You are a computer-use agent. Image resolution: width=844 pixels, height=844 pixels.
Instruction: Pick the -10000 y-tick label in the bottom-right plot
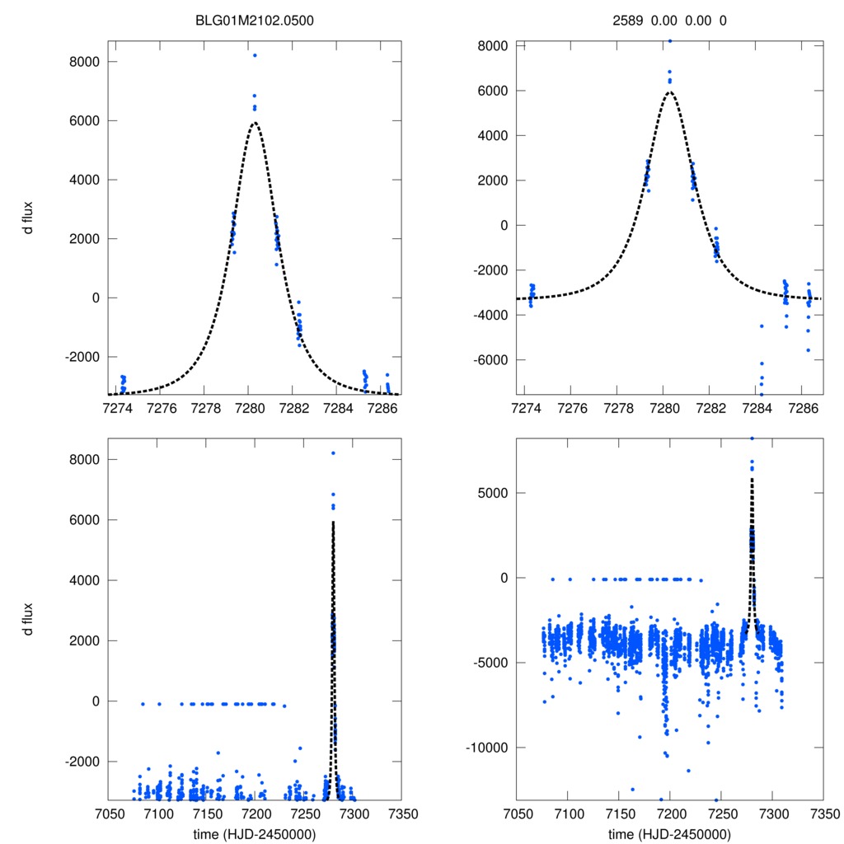tap(485, 748)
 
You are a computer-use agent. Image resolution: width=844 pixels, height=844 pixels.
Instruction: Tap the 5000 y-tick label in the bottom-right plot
tap(492, 493)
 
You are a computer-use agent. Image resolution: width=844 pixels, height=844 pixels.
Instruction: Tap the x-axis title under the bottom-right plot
tap(669, 833)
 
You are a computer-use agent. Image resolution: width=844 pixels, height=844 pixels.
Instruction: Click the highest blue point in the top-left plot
tap(255, 55)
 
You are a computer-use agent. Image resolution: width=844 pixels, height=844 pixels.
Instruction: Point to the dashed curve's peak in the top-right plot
tap(669, 91)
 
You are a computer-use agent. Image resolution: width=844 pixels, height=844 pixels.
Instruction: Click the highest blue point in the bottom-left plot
tap(333, 452)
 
